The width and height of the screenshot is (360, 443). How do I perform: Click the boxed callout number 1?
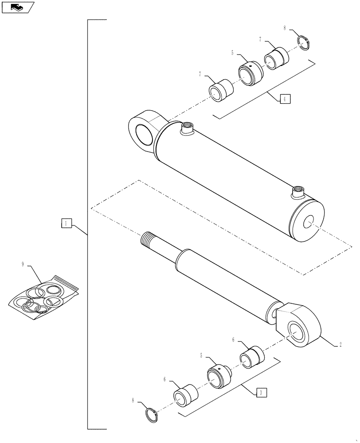click(x=66, y=224)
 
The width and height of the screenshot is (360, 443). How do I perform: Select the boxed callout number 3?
click(x=262, y=392)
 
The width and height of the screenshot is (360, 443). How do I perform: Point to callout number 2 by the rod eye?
click(x=340, y=344)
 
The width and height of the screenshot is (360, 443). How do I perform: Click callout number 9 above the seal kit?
click(x=22, y=264)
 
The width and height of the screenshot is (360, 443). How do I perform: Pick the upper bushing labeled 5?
click(x=250, y=72)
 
